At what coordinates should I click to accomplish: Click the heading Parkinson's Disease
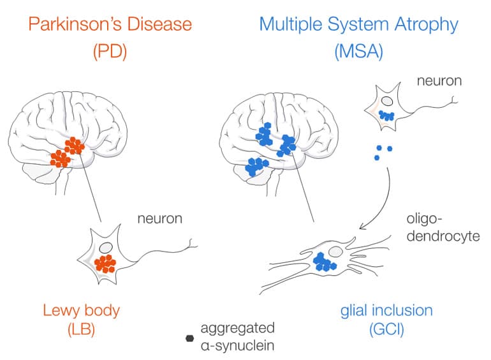110,26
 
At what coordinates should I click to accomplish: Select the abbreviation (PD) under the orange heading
110,52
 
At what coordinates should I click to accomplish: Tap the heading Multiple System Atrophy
358,26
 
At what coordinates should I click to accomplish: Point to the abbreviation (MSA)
358,52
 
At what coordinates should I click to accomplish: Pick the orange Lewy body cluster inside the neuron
106,263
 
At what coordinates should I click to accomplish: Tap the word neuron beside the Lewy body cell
159,219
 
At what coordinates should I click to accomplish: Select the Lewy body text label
81,311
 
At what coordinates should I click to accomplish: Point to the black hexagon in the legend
189,338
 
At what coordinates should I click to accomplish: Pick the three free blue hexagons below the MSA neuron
383,152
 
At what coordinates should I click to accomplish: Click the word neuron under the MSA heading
439,81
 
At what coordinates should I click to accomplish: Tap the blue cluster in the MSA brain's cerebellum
258,166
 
